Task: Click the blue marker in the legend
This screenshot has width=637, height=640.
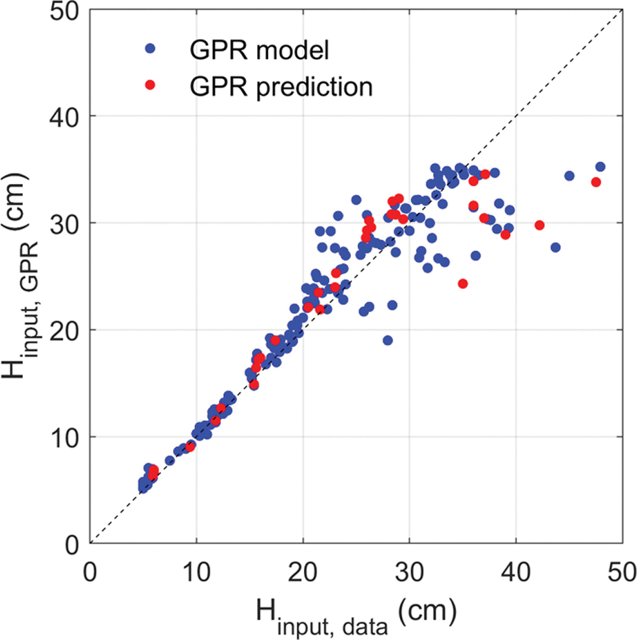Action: [150, 48]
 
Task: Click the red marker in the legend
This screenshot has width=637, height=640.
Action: [150, 85]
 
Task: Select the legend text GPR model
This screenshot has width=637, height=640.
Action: [259, 50]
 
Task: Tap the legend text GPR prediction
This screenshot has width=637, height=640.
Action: [281, 86]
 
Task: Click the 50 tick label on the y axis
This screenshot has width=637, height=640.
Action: [64, 11]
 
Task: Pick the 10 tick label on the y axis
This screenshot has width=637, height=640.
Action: [64, 438]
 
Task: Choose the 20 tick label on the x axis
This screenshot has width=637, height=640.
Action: [303, 572]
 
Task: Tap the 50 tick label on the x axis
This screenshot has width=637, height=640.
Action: [622, 572]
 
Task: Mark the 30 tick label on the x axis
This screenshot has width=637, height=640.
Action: [409, 572]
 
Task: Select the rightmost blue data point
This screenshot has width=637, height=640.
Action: [600, 167]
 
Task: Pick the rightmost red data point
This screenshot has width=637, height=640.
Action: [596, 182]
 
